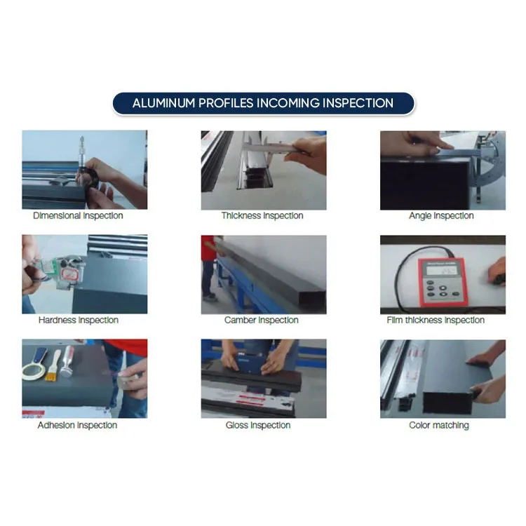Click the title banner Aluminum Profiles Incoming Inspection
[x=263, y=103]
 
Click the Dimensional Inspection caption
[x=78, y=216]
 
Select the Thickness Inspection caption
[x=262, y=216]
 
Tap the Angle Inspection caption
[x=441, y=216]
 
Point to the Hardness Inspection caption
[x=78, y=321]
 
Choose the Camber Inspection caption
[x=262, y=321]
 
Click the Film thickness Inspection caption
[x=436, y=321]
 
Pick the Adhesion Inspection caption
[x=77, y=425]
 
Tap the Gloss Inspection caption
[x=258, y=425]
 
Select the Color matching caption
[x=439, y=425]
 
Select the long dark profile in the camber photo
[x=274, y=270]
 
